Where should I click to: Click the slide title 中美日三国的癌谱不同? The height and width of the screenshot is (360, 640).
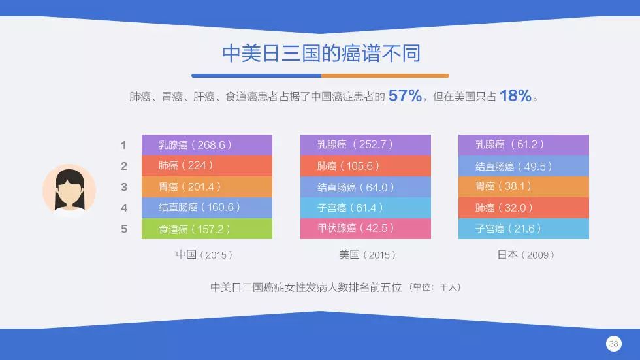320,53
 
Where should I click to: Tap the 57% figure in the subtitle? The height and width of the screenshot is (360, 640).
405,96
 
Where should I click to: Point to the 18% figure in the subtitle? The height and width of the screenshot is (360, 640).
515,96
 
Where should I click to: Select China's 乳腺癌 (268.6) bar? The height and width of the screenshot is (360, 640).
206,145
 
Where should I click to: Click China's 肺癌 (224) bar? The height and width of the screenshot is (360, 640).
206,166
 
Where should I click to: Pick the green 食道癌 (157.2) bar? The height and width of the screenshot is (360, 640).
206,229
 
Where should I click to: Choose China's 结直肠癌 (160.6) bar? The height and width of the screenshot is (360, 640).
206,208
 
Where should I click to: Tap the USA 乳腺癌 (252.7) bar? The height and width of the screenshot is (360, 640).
365,145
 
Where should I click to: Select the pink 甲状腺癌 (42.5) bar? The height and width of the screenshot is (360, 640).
365,229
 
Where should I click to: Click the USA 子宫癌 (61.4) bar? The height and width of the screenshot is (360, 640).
365,208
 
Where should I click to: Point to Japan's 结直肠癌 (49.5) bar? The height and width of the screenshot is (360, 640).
523,166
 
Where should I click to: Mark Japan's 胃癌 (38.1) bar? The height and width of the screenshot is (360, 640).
523,187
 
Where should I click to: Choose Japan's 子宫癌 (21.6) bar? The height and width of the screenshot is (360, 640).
523,229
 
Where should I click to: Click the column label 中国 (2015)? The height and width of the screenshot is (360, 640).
204,255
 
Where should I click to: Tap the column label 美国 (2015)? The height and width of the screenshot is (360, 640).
367,255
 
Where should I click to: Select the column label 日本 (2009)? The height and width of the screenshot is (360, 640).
526,255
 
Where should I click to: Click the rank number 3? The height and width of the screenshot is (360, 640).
124,188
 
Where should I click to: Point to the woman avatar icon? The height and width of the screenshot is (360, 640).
69,189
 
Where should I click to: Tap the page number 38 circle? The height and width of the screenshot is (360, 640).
613,344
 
